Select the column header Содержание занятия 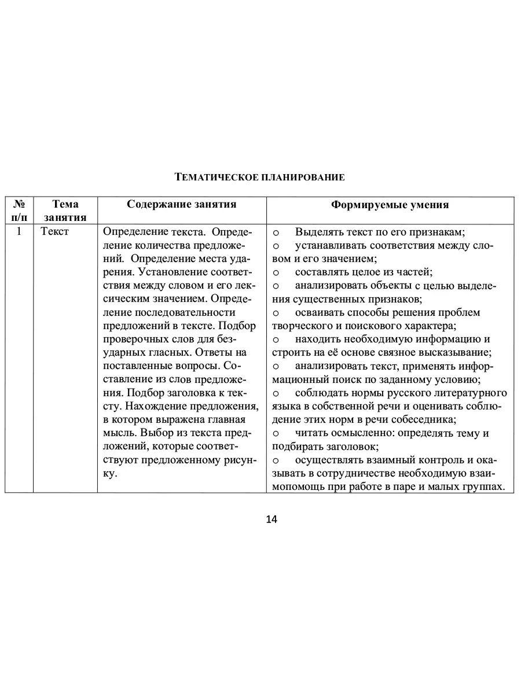click(182, 204)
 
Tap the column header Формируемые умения click(390, 205)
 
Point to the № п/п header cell click(19, 211)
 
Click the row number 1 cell click(19, 231)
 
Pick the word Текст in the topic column click(55, 231)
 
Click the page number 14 click(271, 519)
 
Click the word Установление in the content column click(165, 272)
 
